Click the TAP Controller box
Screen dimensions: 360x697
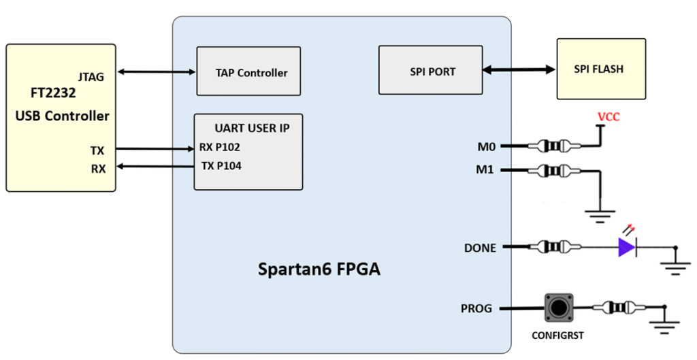coord(248,71)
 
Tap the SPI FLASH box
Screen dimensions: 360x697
coord(598,69)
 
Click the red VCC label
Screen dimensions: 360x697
coord(609,117)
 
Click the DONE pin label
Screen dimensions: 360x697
coord(480,248)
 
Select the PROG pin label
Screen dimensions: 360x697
coord(476,309)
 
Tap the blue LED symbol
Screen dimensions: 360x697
coord(627,247)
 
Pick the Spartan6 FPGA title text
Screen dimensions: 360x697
coord(319,269)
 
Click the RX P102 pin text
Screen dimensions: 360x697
coord(219,146)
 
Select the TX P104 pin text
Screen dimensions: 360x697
coord(221,165)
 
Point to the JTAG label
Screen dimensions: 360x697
coord(91,77)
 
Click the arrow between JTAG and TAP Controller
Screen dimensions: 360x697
coord(155,71)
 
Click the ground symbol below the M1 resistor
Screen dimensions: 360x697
coord(600,217)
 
